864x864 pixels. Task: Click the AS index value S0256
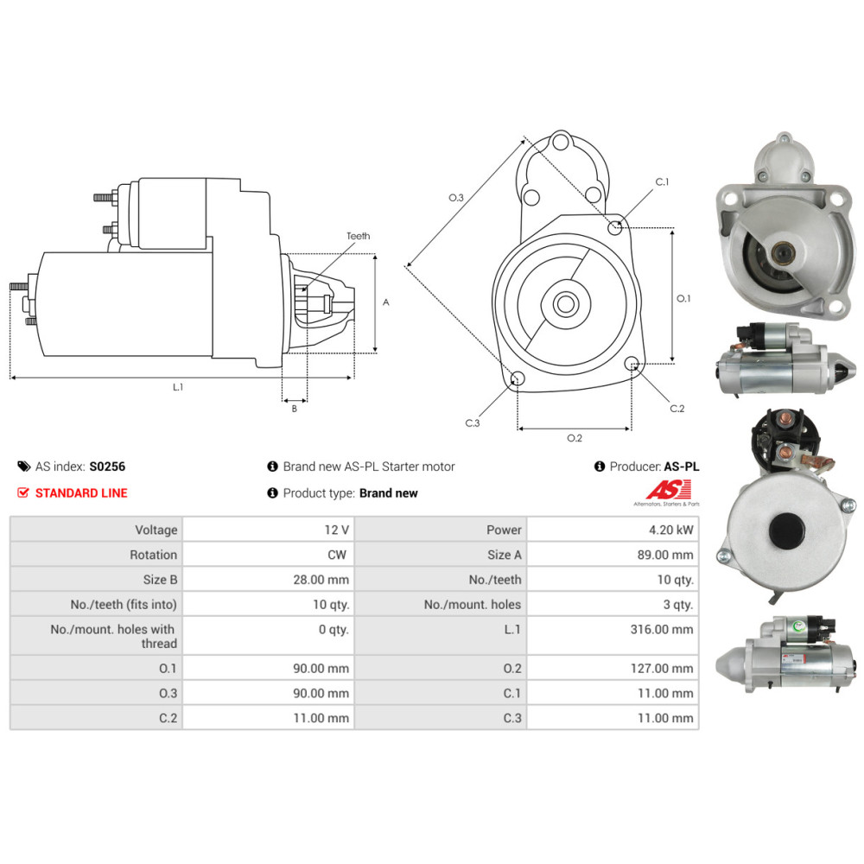click(x=107, y=467)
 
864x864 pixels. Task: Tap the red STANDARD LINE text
click(x=81, y=493)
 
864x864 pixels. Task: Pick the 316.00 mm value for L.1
click(x=662, y=629)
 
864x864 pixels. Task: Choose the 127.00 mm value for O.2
click(x=662, y=669)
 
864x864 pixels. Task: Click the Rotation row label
click(x=153, y=555)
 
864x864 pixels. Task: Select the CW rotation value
click(x=337, y=555)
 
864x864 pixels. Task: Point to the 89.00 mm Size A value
click(x=665, y=555)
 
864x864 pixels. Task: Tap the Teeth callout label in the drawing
click(x=359, y=236)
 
